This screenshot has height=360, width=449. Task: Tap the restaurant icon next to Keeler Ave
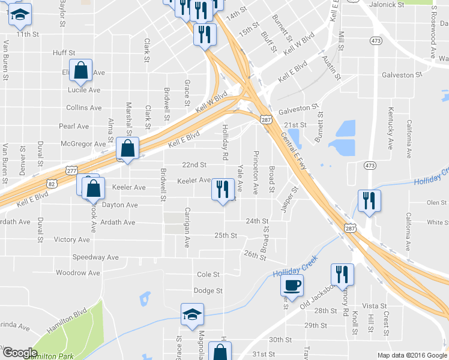(x=223, y=190)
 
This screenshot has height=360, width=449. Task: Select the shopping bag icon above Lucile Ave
(x=80, y=71)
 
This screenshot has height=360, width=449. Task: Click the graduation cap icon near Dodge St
(x=192, y=315)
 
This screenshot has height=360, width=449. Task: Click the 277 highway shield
(x=71, y=170)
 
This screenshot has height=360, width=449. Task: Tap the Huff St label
(x=64, y=53)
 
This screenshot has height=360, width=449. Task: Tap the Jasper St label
(x=290, y=200)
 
